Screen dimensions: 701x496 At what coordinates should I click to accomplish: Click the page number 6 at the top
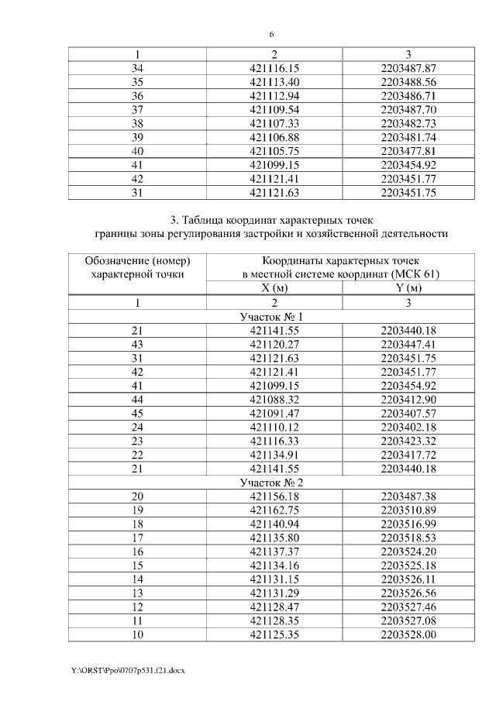click(x=272, y=35)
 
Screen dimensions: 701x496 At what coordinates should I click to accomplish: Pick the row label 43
click(x=138, y=345)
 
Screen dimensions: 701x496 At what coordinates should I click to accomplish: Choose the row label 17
click(x=138, y=538)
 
